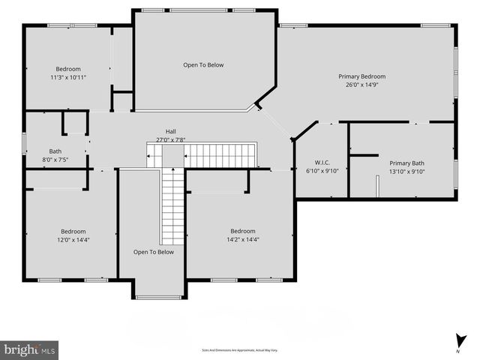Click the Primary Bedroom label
point(362,76)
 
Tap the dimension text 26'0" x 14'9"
point(362,85)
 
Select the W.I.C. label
point(323,163)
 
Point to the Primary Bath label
point(406,163)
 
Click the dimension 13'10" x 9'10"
point(406,171)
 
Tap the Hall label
point(170,131)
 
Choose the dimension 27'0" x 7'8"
point(170,139)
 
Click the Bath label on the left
point(55,151)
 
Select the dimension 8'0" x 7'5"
point(55,159)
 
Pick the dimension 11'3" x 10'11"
point(68,77)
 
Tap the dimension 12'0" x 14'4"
point(73,239)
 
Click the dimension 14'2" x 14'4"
point(242,239)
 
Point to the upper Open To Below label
point(203,65)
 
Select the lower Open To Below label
point(153,252)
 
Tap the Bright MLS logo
point(30,349)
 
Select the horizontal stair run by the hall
point(220,156)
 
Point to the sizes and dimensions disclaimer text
point(240,350)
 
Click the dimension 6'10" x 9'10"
point(323,171)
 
